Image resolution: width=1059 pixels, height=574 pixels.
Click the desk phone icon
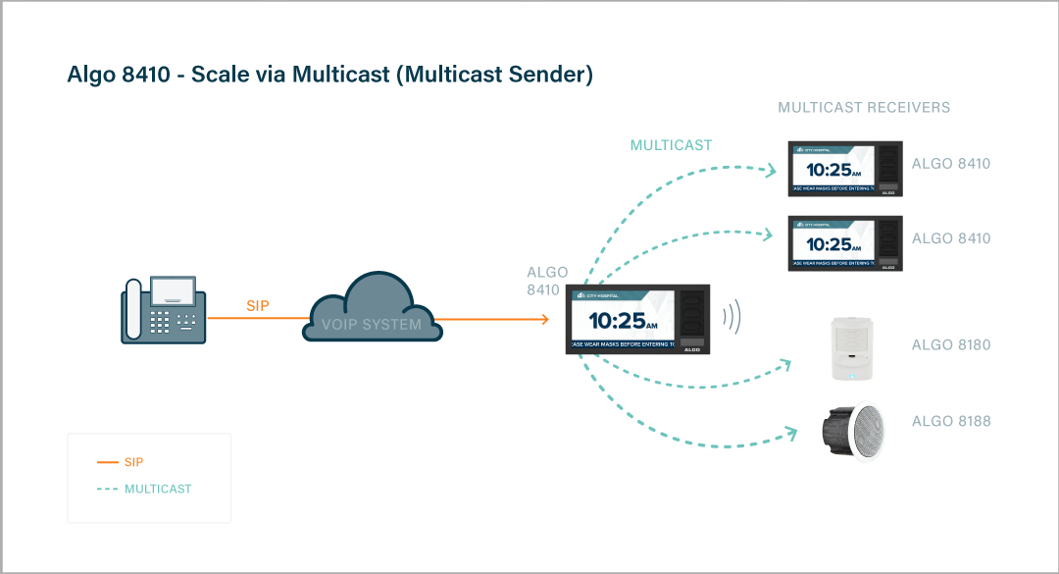tap(164, 309)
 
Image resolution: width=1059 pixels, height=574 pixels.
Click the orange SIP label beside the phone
tap(258, 306)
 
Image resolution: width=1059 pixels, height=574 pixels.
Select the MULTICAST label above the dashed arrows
tap(671, 145)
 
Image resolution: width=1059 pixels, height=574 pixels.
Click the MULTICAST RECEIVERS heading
tap(864, 107)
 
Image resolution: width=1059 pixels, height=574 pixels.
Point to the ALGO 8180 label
tap(951, 345)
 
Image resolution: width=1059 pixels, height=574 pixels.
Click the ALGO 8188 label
tap(951, 422)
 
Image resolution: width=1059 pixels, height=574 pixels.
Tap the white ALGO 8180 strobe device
tap(851, 346)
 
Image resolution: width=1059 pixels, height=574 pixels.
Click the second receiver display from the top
tap(844, 243)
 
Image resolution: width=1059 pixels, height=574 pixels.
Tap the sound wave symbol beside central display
tap(731, 317)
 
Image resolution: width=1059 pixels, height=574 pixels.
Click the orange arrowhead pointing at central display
tap(542, 319)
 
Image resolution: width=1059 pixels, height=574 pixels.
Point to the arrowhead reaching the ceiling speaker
tap(791, 432)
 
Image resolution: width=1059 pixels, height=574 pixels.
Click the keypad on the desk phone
tap(164, 320)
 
